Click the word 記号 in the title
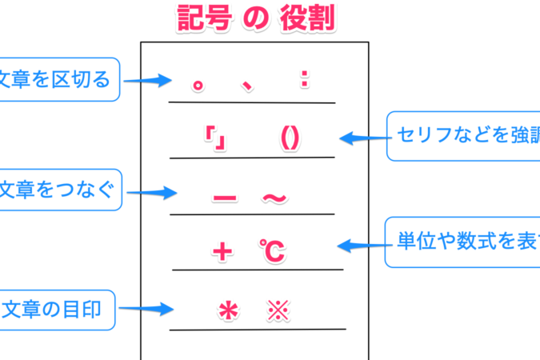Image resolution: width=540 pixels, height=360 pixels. tap(209, 18)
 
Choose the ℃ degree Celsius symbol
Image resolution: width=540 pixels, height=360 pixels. tap(271, 253)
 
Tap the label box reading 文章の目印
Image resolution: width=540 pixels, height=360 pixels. tap(56, 308)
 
